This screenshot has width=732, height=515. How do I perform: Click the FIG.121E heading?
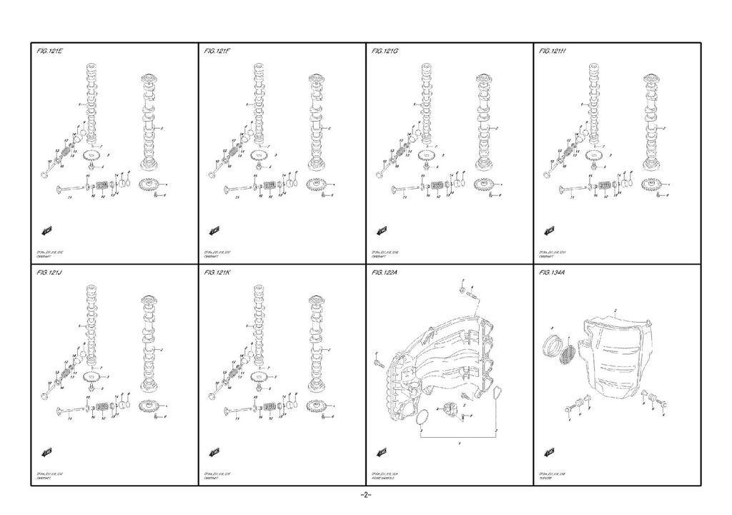(49, 51)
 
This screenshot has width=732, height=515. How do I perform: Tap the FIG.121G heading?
(385, 51)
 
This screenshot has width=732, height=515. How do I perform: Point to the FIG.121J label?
(49, 273)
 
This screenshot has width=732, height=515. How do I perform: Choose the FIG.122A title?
(386, 273)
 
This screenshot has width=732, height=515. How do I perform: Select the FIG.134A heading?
(555, 273)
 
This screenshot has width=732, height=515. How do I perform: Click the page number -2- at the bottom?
(365, 495)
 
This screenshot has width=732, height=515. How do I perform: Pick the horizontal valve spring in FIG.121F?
(271, 186)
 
